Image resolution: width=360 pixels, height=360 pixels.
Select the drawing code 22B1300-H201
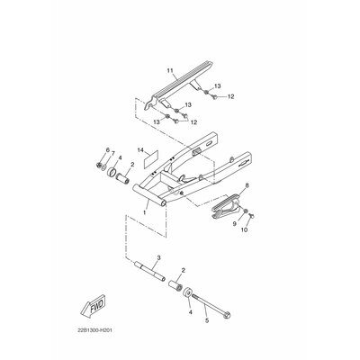pyautogui.click(x=93, y=330)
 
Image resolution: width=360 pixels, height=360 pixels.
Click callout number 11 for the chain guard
pyautogui.click(x=170, y=71)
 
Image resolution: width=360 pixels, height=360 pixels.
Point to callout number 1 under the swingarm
pyautogui.click(x=145, y=212)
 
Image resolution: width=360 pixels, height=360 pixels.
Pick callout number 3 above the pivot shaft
pyautogui.click(x=158, y=257)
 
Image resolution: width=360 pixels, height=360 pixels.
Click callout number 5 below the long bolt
pyautogui.click(x=207, y=320)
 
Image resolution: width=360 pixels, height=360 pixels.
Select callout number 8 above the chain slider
pyautogui.click(x=247, y=185)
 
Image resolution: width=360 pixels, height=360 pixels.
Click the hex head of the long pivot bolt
pyautogui.click(x=227, y=315)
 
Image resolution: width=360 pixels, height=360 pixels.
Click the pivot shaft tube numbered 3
pyautogui.click(x=150, y=272)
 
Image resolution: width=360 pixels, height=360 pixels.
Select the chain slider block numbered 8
pyautogui.click(x=226, y=209)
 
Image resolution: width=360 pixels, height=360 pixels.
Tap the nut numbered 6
pyautogui.click(x=98, y=165)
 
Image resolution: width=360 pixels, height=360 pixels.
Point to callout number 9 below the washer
pyautogui.click(x=235, y=223)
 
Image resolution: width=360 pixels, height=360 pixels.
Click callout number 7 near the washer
pyautogui.click(x=112, y=154)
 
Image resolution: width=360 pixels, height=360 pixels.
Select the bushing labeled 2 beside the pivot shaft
pyautogui.click(x=175, y=285)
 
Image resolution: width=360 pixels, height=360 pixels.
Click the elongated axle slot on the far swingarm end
pyautogui.click(x=210, y=144)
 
